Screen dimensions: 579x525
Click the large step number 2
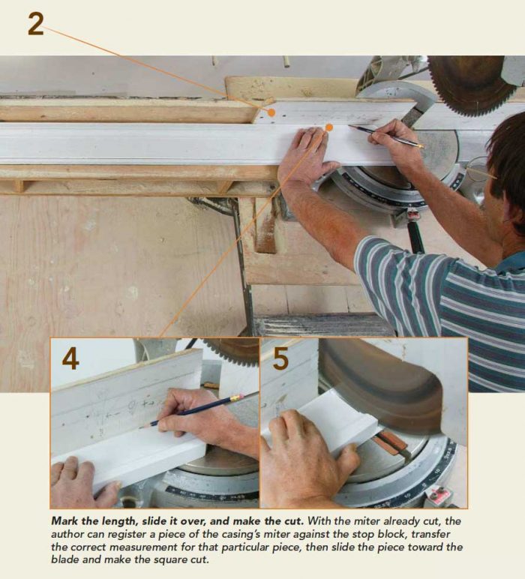[x=35, y=23]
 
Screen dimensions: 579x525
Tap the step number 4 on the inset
[x=70, y=358]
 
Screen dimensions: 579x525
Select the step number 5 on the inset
[x=280, y=358]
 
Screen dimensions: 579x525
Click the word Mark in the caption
[x=65, y=520]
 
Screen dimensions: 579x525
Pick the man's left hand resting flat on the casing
[x=307, y=154]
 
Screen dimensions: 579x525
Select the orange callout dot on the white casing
[x=328, y=128]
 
